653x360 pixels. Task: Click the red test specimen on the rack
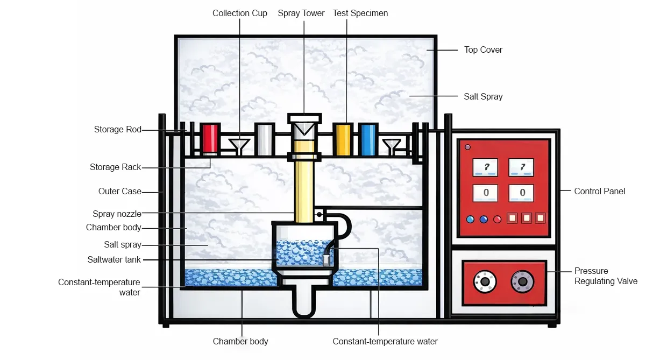(x=210, y=138)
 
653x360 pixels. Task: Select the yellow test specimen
(x=343, y=139)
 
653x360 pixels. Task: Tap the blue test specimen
(x=368, y=139)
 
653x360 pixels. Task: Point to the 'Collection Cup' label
(x=239, y=13)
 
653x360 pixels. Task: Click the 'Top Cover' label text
(x=483, y=50)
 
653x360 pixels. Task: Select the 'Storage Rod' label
(x=117, y=129)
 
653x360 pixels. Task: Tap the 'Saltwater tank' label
(x=114, y=259)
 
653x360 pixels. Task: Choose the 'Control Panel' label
(x=599, y=191)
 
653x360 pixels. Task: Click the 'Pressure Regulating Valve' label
(x=606, y=276)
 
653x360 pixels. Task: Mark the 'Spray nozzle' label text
(x=117, y=214)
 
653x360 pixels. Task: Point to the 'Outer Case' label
(x=120, y=191)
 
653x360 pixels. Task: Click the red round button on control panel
(x=497, y=219)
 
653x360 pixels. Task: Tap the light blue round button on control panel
(x=470, y=219)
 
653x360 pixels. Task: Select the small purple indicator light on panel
(x=467, y=147)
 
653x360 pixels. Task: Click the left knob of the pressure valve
(x=484, y=281)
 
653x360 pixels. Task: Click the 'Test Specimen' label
(x=360, y=13)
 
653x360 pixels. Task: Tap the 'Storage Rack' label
(x=115, y=167)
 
